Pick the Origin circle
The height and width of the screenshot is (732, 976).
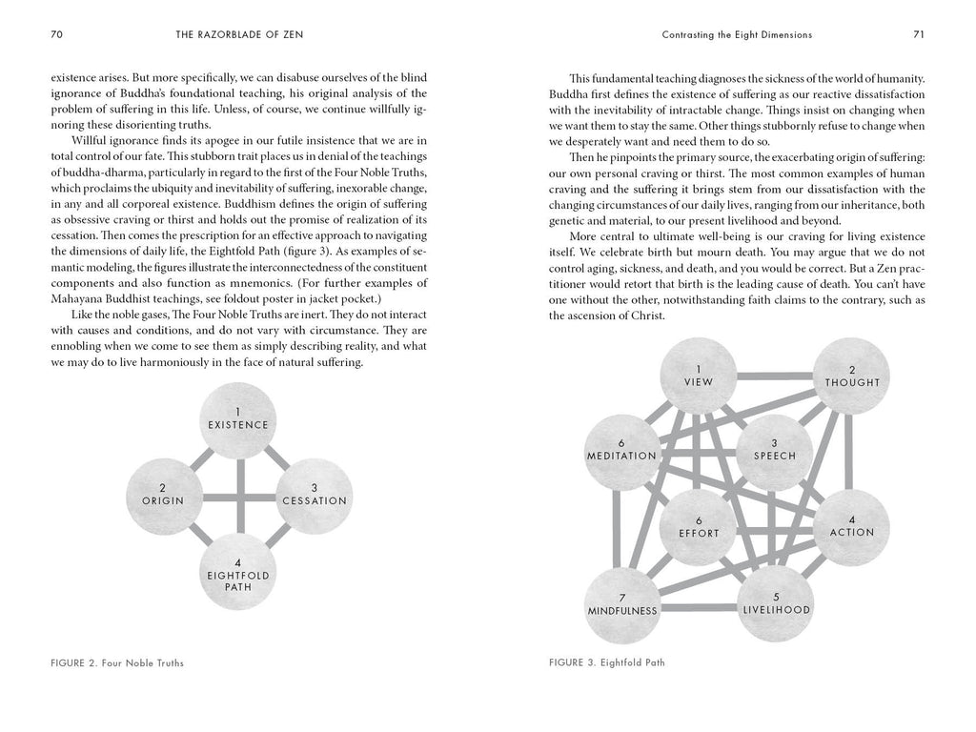click(163, 494)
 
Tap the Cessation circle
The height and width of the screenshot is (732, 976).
click(315, 494)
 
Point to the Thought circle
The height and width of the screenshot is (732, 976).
click(851, 376)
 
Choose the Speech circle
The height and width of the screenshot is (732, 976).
click(774, 450)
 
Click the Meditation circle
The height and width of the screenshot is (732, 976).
click(621, 450)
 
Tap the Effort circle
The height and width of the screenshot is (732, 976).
click(699, 526)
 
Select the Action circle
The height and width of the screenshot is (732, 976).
click(851, 526)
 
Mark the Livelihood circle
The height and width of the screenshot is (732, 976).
click(775, 602)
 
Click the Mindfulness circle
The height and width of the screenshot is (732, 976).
click(621, 602)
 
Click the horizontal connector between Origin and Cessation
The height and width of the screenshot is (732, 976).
click(238, 495)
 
